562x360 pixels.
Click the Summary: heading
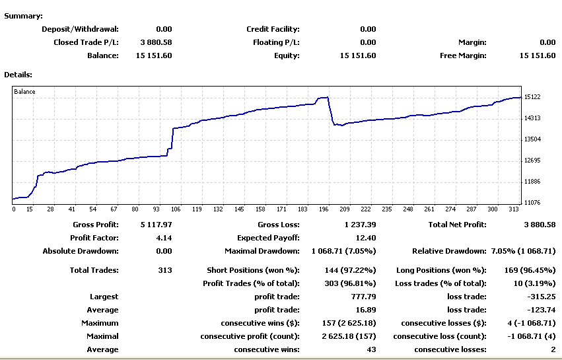click(23, 16)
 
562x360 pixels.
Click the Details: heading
click(18, 75)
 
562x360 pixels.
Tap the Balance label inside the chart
click(25, 92)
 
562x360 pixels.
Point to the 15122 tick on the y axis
click(533, 97)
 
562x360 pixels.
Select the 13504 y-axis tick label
click(533, 139)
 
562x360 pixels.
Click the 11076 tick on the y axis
click(533, 203)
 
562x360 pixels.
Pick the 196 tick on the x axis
click(324, 209)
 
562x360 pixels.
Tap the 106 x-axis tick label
click(174, 209)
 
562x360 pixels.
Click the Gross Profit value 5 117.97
click(156, 225)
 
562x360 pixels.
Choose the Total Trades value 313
click(165, 270)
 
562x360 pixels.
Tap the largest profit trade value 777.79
click(363, 297)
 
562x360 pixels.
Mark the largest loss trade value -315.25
click(541, 297)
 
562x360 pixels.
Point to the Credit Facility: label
click(273, 29)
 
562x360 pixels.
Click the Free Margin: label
click(463, 55)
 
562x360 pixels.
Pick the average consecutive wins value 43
click(371, 349)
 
